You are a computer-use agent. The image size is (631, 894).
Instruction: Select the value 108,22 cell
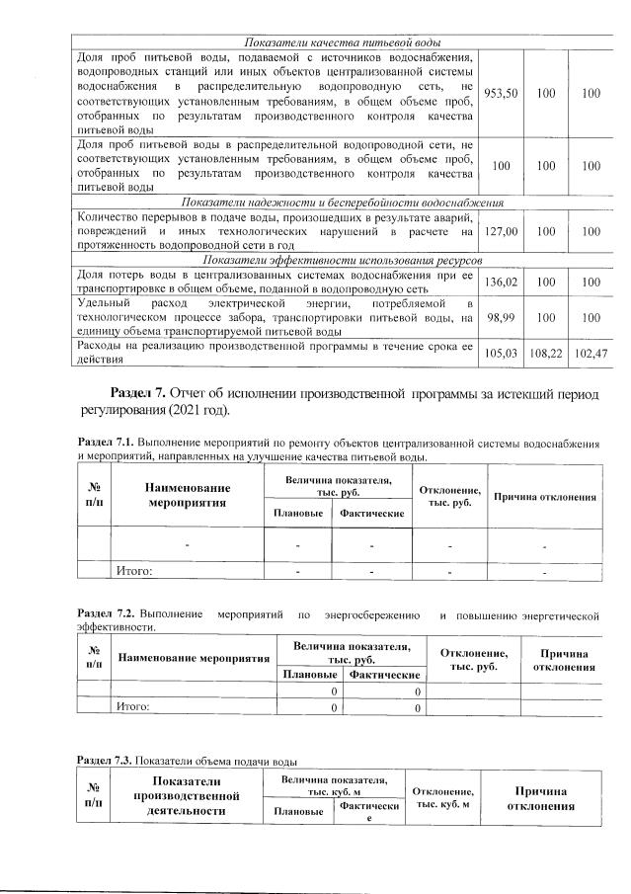pos(545,353)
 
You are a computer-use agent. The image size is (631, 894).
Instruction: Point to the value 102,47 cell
pos(591,353)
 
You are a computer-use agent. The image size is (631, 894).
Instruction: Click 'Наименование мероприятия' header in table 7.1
pos(188,495)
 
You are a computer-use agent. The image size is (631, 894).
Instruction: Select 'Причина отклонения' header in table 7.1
pos(545,496)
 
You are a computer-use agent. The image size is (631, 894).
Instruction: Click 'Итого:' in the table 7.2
pos(133,707)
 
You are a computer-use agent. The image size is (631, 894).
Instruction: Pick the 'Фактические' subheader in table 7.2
pos(377,674)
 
